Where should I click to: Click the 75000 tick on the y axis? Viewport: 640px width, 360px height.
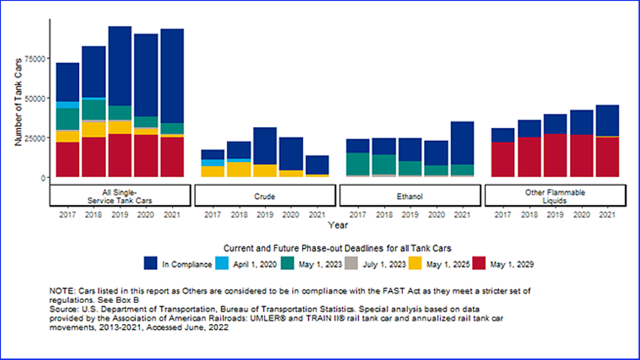click(36, 59)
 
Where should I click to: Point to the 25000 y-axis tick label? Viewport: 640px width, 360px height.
click(36, 138)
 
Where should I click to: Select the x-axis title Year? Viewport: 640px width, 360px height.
click(338, 224)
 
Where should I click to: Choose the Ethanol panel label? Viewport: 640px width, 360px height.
click(410, 196)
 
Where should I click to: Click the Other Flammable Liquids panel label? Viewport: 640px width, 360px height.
click(556, 196)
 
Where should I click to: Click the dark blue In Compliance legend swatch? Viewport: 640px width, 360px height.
click(151, 264)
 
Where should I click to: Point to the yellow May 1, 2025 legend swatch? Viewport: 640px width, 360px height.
click(415, 264)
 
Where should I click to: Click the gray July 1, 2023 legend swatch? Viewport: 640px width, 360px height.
click(351, 264)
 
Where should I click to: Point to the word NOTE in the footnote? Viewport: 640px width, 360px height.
click(60, 292)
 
